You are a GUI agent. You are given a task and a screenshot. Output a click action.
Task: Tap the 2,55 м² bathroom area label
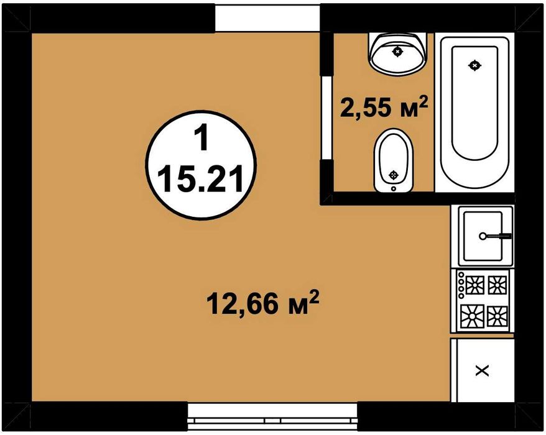[x=384, y=107]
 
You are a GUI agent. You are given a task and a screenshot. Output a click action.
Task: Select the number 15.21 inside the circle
[x=201, y=178]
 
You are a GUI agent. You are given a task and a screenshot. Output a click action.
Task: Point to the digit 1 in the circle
[x=201, y=138]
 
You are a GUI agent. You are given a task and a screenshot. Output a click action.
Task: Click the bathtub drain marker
[x=474, y=65]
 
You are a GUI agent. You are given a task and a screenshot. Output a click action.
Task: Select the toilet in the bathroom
[x=394, y=160]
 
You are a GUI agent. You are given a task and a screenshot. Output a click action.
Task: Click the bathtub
[x=474, y=112]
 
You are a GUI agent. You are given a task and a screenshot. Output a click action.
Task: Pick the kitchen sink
[x=483, y=236]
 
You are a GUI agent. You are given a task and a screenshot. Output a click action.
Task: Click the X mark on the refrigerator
[x=483, y=371]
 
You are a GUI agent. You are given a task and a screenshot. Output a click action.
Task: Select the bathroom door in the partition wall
[x=327, y=118]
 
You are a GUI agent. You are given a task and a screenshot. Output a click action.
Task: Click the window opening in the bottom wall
[x=272, y=417]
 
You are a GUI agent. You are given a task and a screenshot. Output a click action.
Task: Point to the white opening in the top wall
[x=267, y=18]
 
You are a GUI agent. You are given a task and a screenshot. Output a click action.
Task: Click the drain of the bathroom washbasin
[x=397, y=52]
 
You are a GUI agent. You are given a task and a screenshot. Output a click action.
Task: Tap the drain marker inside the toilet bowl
[x=394, y=175]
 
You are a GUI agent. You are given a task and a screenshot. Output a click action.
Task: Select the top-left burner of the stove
[x=475, y=285]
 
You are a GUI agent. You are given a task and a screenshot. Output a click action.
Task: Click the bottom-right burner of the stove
[x=497, y=316]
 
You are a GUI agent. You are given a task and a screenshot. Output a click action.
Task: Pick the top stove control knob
[x=461, y=274]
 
